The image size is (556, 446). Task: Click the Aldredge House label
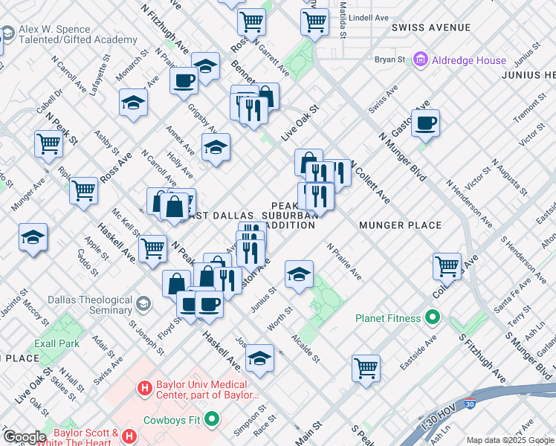tap(471, 60)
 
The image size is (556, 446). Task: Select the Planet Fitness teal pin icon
tap(433, 319)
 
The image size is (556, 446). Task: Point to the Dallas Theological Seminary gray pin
tap(143, 303)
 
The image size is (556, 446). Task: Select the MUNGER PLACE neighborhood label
tap(400, 225)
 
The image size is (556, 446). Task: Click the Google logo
tap(24, 437)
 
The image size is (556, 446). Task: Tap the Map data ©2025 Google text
tap(510, 440)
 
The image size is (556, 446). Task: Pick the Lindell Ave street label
tap(369, 17)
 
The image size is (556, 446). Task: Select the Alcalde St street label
tap(306, 346)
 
